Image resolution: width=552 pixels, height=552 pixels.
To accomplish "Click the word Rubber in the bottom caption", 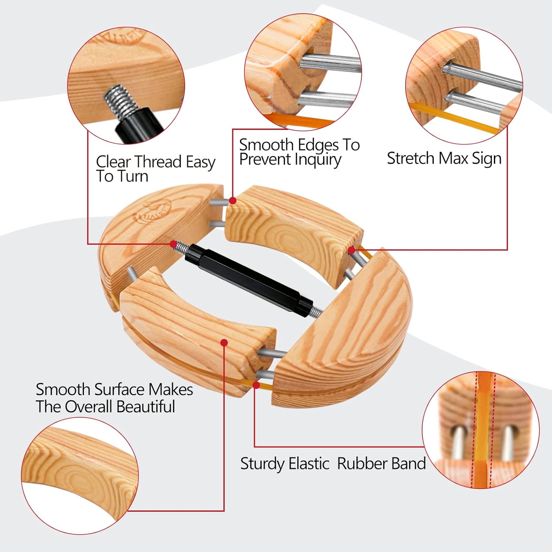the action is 361,463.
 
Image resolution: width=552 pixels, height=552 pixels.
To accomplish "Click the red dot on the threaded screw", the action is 173,244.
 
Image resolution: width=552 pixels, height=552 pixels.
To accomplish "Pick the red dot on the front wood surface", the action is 224,343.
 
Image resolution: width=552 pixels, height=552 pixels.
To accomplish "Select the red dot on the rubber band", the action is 256,385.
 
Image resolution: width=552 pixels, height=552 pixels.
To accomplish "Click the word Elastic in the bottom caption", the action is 309,463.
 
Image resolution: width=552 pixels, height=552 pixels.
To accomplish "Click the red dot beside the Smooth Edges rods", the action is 232,201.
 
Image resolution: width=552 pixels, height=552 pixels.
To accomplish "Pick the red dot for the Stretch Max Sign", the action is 351,250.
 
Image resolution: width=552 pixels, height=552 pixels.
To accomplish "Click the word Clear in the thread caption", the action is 113,162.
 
